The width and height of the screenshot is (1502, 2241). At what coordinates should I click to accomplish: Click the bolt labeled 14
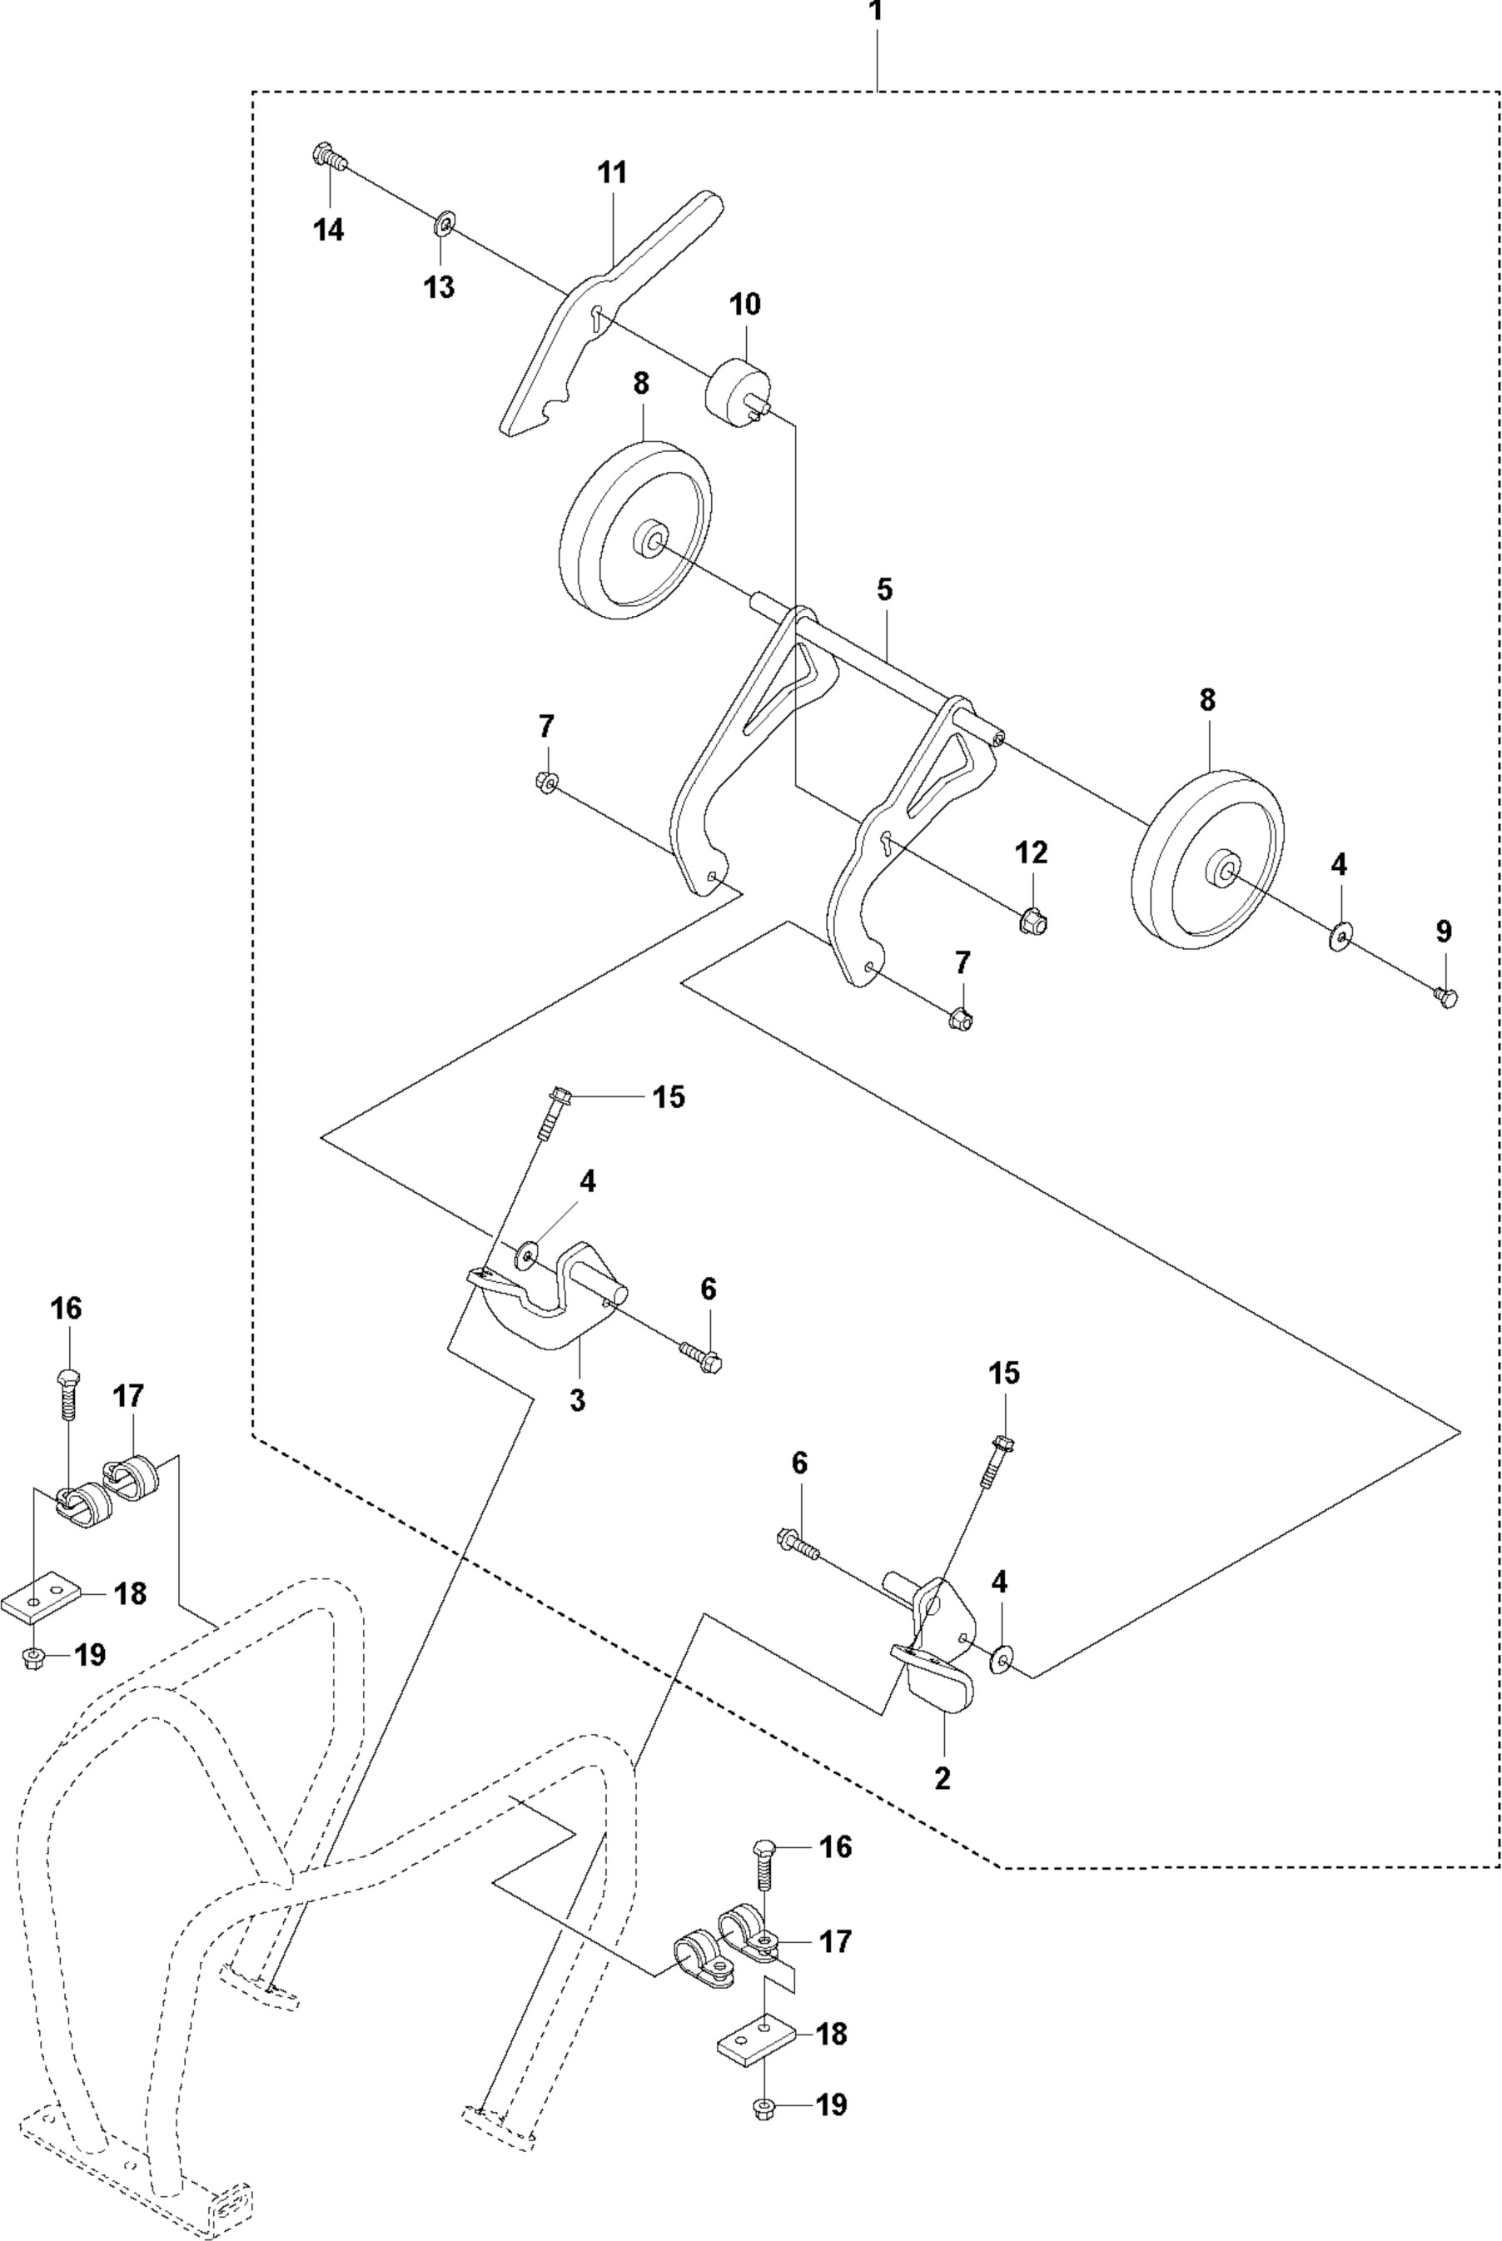(327, 157)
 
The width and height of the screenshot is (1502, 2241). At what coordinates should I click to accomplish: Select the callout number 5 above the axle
(883, 590)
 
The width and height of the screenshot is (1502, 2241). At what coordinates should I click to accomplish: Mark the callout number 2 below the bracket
(942, 1778)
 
